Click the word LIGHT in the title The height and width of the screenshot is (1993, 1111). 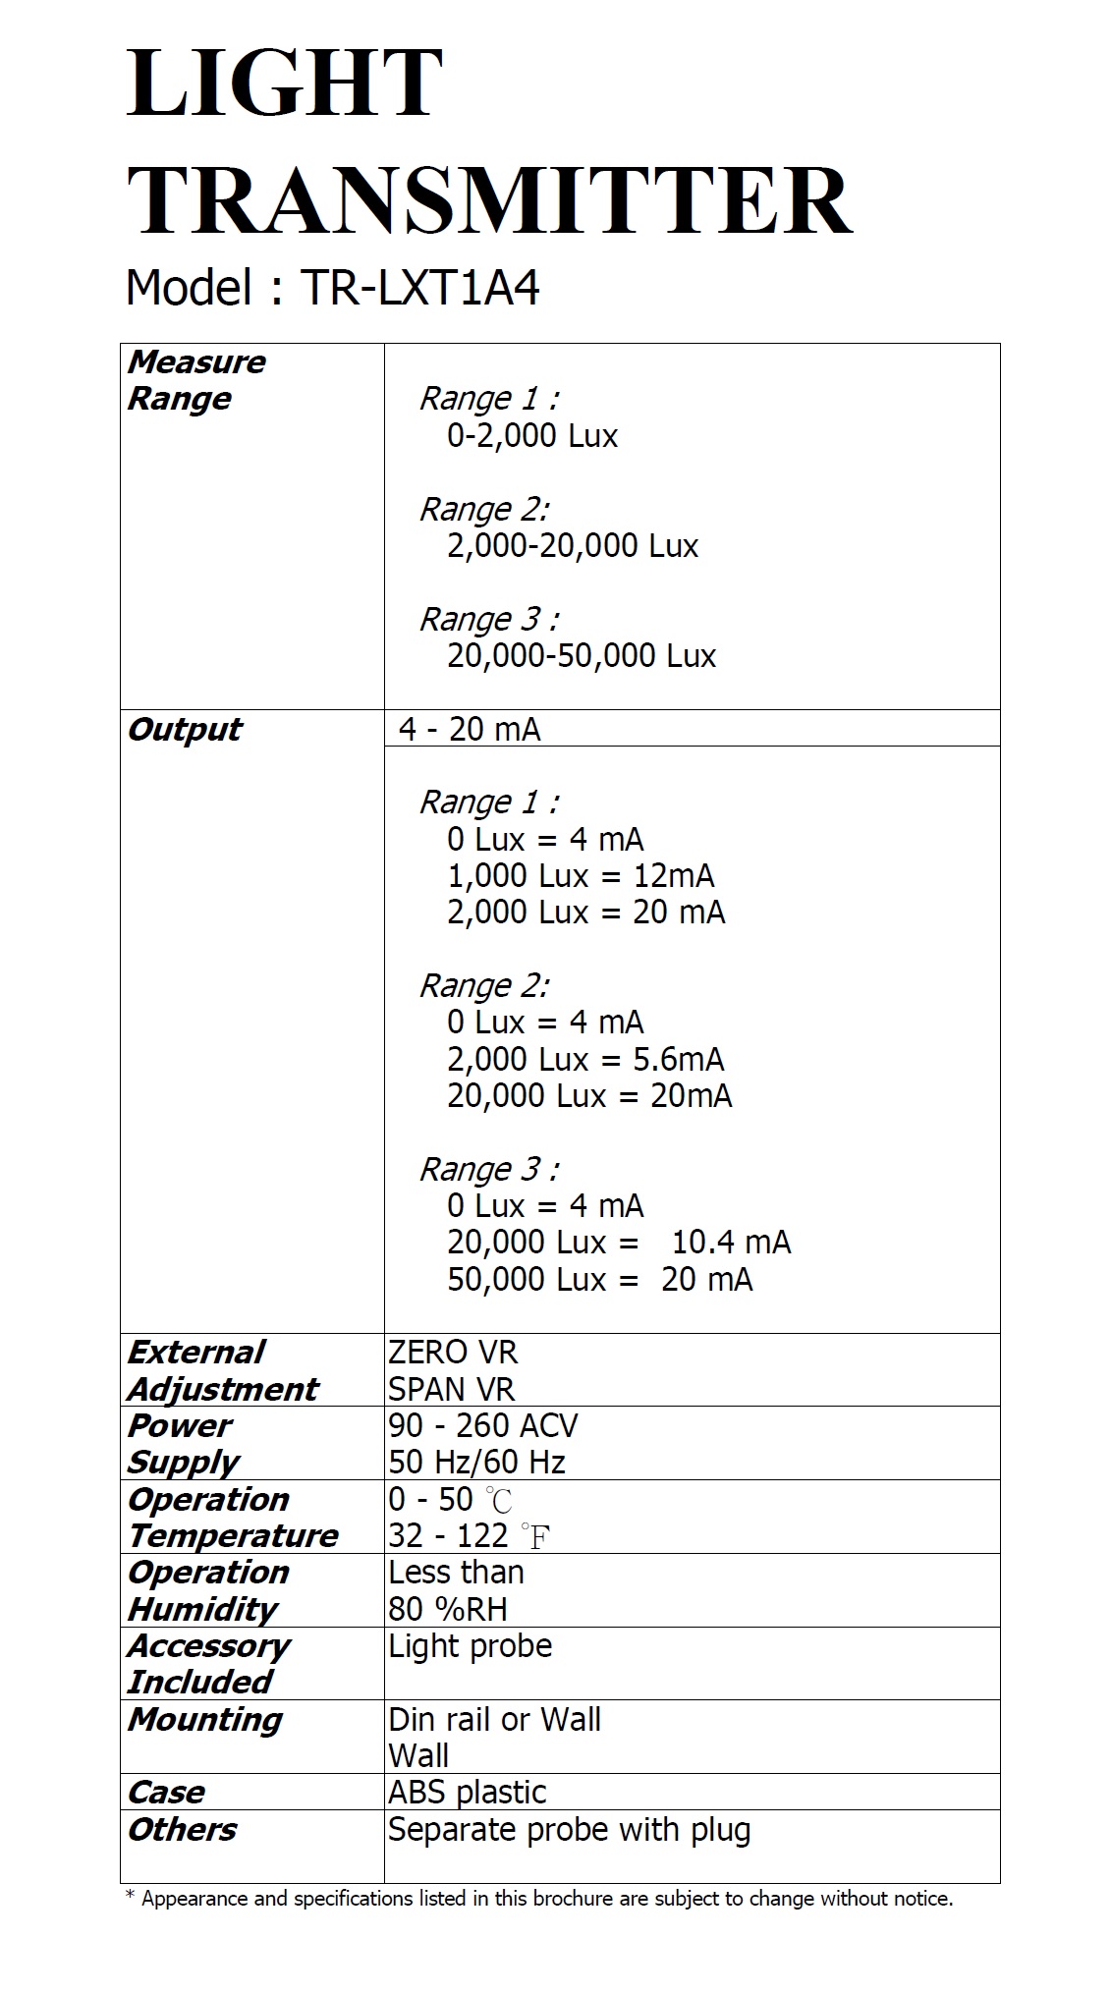point(284,84)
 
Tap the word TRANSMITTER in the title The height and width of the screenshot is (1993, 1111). point(488,201)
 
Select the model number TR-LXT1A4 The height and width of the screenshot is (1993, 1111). point(420,289)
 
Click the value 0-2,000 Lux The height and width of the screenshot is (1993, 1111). point(531,435)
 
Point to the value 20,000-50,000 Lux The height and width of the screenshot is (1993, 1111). point(581,656)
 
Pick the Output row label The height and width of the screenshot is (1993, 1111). point(185,730)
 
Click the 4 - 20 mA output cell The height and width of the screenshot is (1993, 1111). point(470,730)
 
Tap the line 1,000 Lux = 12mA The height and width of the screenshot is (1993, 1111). point(580,875)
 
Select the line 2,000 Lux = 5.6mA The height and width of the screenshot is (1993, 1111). point(584,1059)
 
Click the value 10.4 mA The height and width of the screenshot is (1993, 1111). point(731,1243)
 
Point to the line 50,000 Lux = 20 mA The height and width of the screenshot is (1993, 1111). point(599,1279)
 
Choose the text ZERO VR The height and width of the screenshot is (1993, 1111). point(452,1353)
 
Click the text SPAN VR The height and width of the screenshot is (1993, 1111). point(451,1389)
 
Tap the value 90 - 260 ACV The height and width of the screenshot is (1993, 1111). point(482,1425)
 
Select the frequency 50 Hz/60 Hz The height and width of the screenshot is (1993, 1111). point(476,1463)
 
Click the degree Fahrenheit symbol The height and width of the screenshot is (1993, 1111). point(535,1536)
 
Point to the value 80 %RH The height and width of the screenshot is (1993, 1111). point(447,1609)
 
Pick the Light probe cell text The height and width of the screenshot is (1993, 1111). point(470,1646)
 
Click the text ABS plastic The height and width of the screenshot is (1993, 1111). point(467,1793)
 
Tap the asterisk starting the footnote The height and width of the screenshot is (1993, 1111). point(130,1896)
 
